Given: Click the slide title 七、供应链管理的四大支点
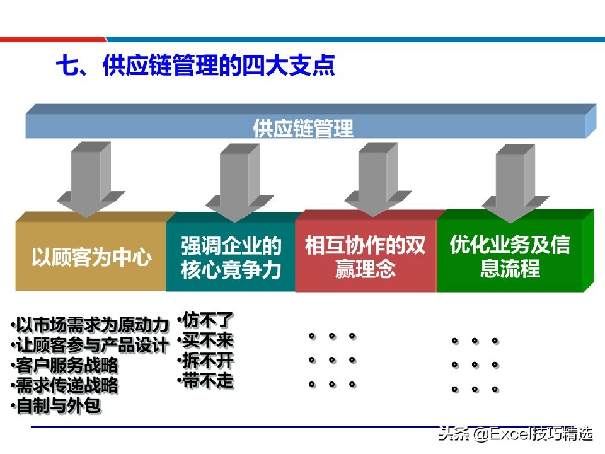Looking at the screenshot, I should click(195, 65).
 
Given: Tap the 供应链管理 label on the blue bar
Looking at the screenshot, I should click(303, 129).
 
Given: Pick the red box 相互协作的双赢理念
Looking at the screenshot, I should click(366, 257).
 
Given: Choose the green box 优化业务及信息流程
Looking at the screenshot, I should click(510, 257).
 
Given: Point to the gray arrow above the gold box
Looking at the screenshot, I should click(91, 177).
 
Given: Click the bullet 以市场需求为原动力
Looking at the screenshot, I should click(91, 325).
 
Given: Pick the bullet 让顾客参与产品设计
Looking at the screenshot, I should click(91, 346).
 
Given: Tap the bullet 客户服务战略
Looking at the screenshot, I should click(65, 365).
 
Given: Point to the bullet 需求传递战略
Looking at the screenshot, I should click(65, 385).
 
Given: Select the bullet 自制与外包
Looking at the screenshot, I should click(57, 405).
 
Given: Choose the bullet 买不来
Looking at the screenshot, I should click(206, 340).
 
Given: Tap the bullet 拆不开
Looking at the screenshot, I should click(206, 361).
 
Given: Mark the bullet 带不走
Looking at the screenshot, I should click(206, 380).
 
